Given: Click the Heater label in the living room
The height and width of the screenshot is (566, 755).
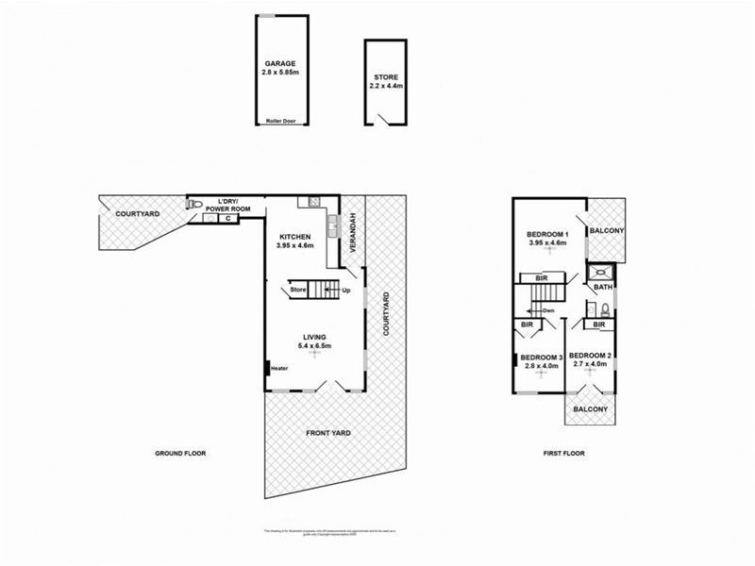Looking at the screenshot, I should [x=279, y=369].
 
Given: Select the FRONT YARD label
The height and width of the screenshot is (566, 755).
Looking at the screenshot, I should [x=328, y=433].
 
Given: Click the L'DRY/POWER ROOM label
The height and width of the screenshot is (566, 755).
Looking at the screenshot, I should [x=225, y=206].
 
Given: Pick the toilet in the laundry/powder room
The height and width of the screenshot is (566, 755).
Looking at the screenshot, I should [x=194, y=204].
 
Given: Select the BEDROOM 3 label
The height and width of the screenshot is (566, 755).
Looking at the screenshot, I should [x=542, y=358].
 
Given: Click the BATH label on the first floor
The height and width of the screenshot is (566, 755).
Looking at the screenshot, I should [x=604, y=288].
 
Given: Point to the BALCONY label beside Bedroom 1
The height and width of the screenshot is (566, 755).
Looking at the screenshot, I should [x=604, y=229].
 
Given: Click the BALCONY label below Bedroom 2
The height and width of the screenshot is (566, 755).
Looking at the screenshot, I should [x=591, y=408].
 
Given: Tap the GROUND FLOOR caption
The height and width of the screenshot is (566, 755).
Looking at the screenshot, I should [x=180, y=454].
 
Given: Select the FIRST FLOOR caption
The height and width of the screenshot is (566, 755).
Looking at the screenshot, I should [x=563, y=454].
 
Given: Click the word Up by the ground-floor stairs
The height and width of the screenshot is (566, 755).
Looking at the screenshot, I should [x=346, y=290].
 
